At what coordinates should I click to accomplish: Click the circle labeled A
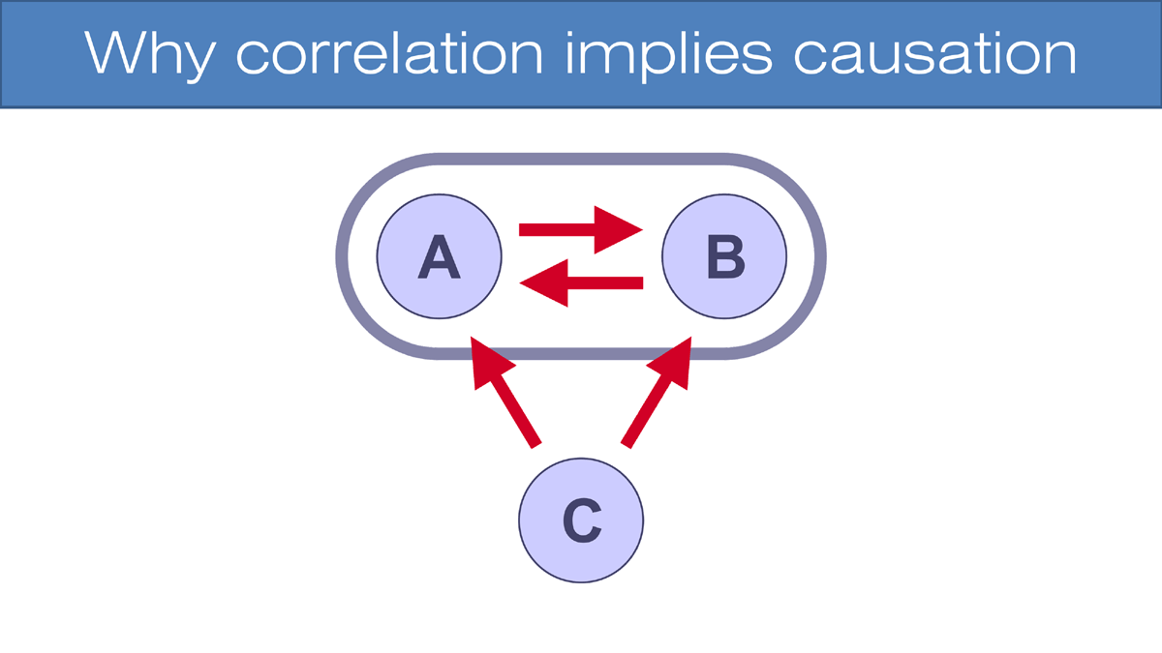(x=439, y=257)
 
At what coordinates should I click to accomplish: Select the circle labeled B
(x=724, y=257)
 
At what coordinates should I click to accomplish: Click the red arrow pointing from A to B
(x=581, y=230)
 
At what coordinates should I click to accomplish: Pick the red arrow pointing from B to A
(x=581, y=282)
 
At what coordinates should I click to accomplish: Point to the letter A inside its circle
(x=439, y=258)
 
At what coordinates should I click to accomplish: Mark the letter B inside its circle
(x=725, y=258)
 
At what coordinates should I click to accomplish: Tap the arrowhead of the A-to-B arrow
(x=621, y=230)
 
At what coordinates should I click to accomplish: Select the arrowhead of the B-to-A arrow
(x=542, y=282)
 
